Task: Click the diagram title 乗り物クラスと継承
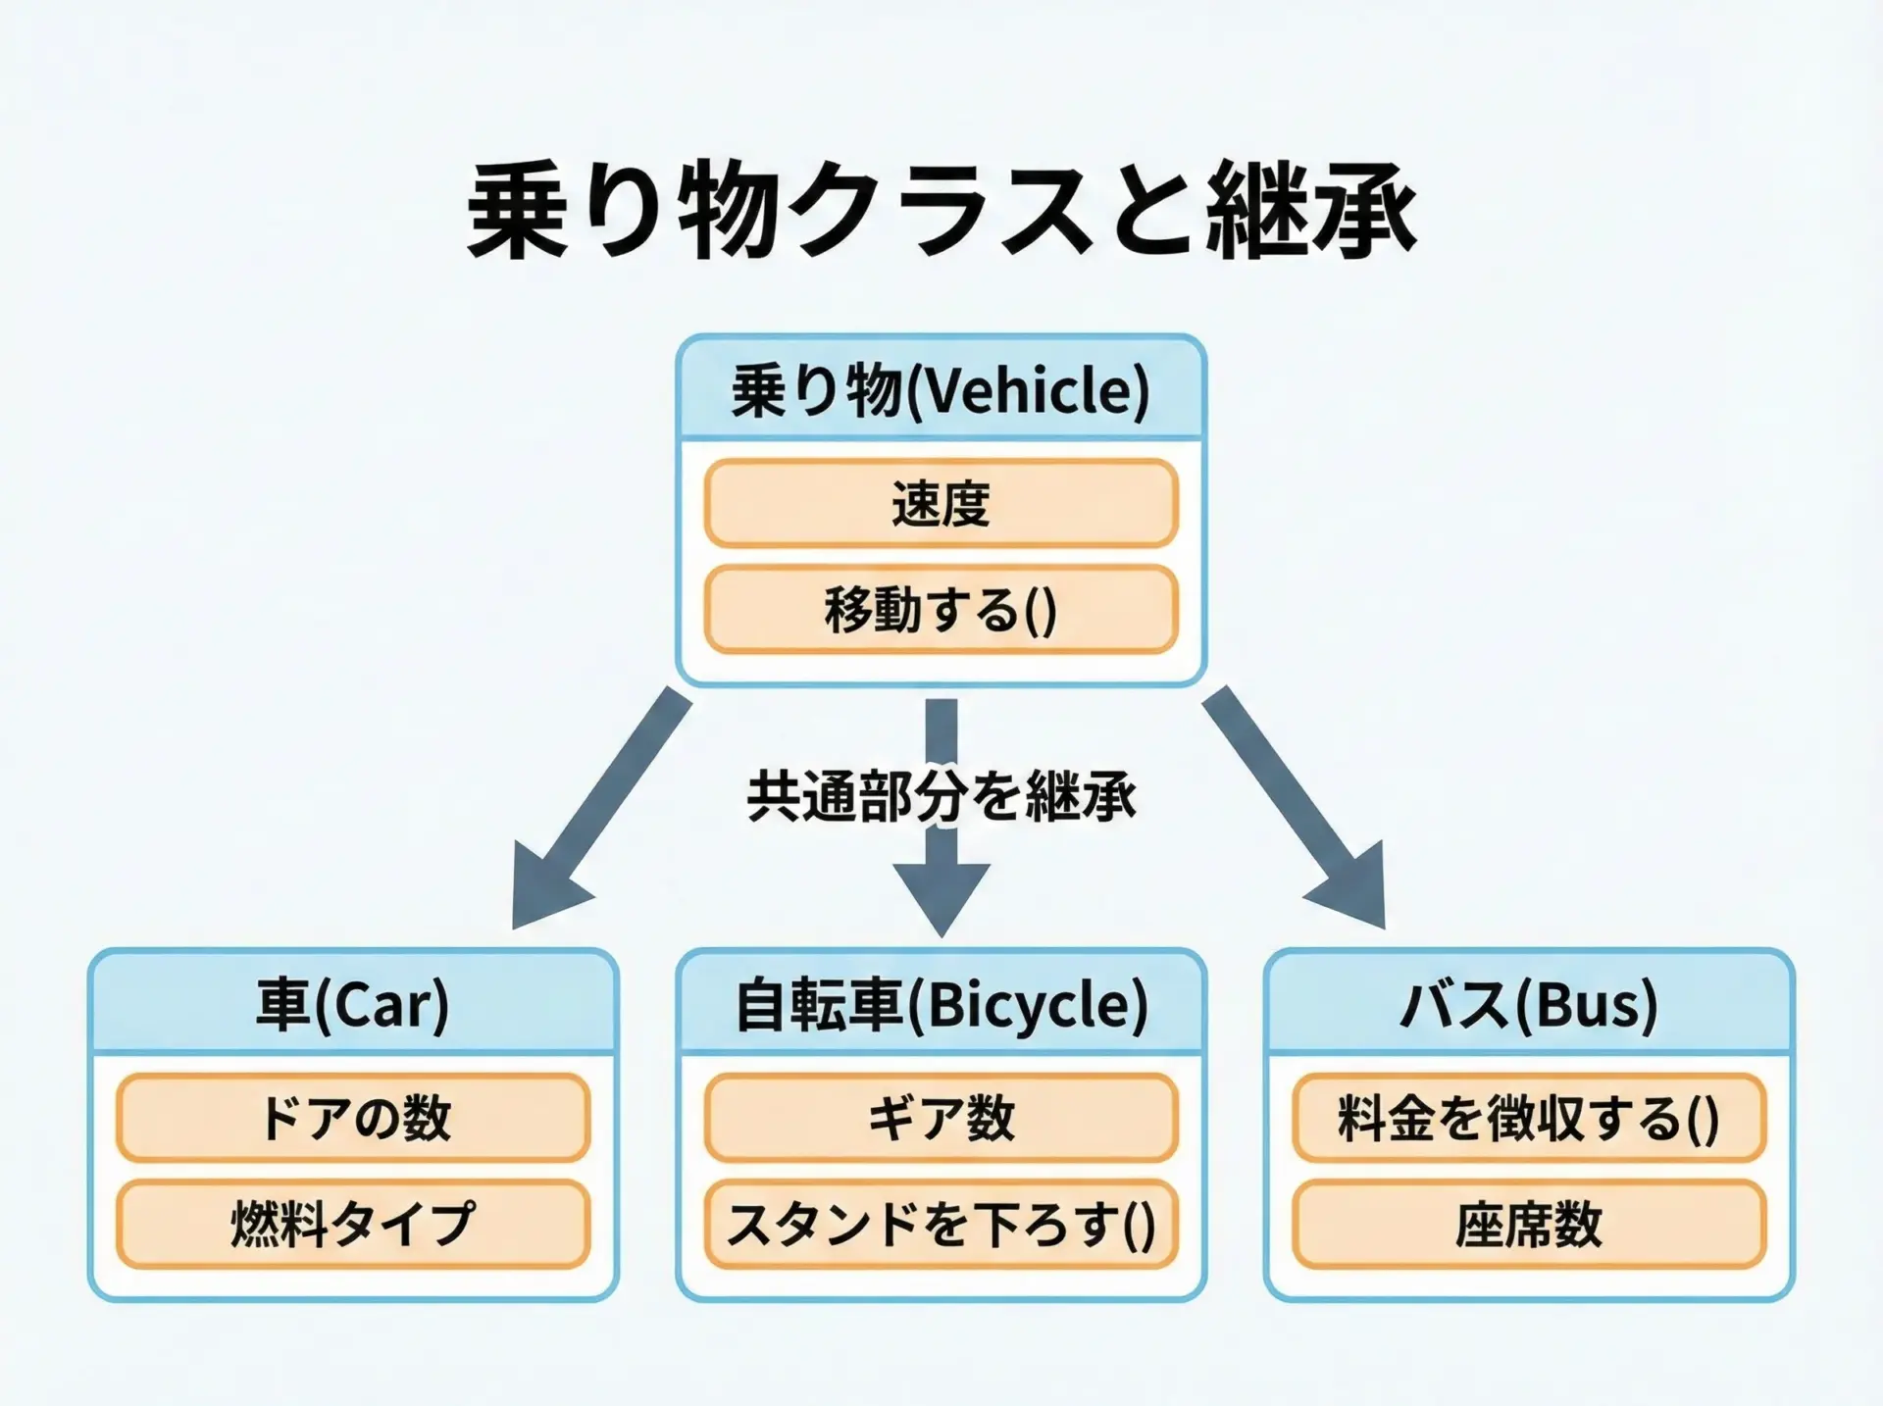point(941,210)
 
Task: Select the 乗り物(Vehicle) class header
point(941,388)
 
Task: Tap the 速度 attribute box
point(941,503)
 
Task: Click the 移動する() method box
point(941,609)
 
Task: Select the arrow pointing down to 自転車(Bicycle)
point(941,818)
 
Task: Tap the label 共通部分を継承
point(941,795)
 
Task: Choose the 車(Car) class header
point(353,1003)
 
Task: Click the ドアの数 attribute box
point(353,1118)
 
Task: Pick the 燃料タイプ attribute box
point(353,1224)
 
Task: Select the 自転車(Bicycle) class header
point(941,1003)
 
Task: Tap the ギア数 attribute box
point(941,1118)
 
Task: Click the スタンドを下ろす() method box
point(941,1224)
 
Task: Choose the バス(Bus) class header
point(1529,1003)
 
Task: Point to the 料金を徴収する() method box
point(1529,1118)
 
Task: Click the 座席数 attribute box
point(1529,1224)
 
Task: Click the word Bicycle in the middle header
point(1027,1005)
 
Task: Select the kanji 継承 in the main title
point(1312,210)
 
